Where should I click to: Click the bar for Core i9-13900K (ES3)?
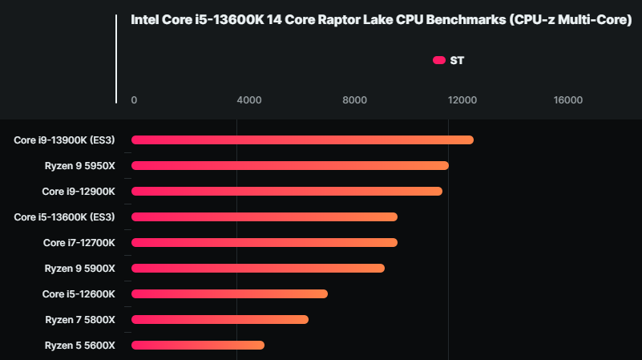302,140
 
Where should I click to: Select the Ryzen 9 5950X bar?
289,166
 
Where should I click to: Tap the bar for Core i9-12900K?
286,192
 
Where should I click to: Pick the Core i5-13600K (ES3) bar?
264,217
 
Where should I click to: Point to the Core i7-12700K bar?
264,243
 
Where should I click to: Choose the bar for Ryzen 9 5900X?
257,269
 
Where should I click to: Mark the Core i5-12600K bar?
229,294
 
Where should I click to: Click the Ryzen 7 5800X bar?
220,320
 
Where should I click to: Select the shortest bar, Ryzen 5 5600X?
197,346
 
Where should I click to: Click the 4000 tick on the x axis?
249,100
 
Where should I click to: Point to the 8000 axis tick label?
354,100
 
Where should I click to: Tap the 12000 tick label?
462,100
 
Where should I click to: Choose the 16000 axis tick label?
568,100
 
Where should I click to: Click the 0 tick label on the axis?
134,100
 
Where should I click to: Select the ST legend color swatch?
438,60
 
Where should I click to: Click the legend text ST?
457,60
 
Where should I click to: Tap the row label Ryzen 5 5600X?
80,346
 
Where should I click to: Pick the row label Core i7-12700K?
79,243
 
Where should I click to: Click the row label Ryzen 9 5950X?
80,166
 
